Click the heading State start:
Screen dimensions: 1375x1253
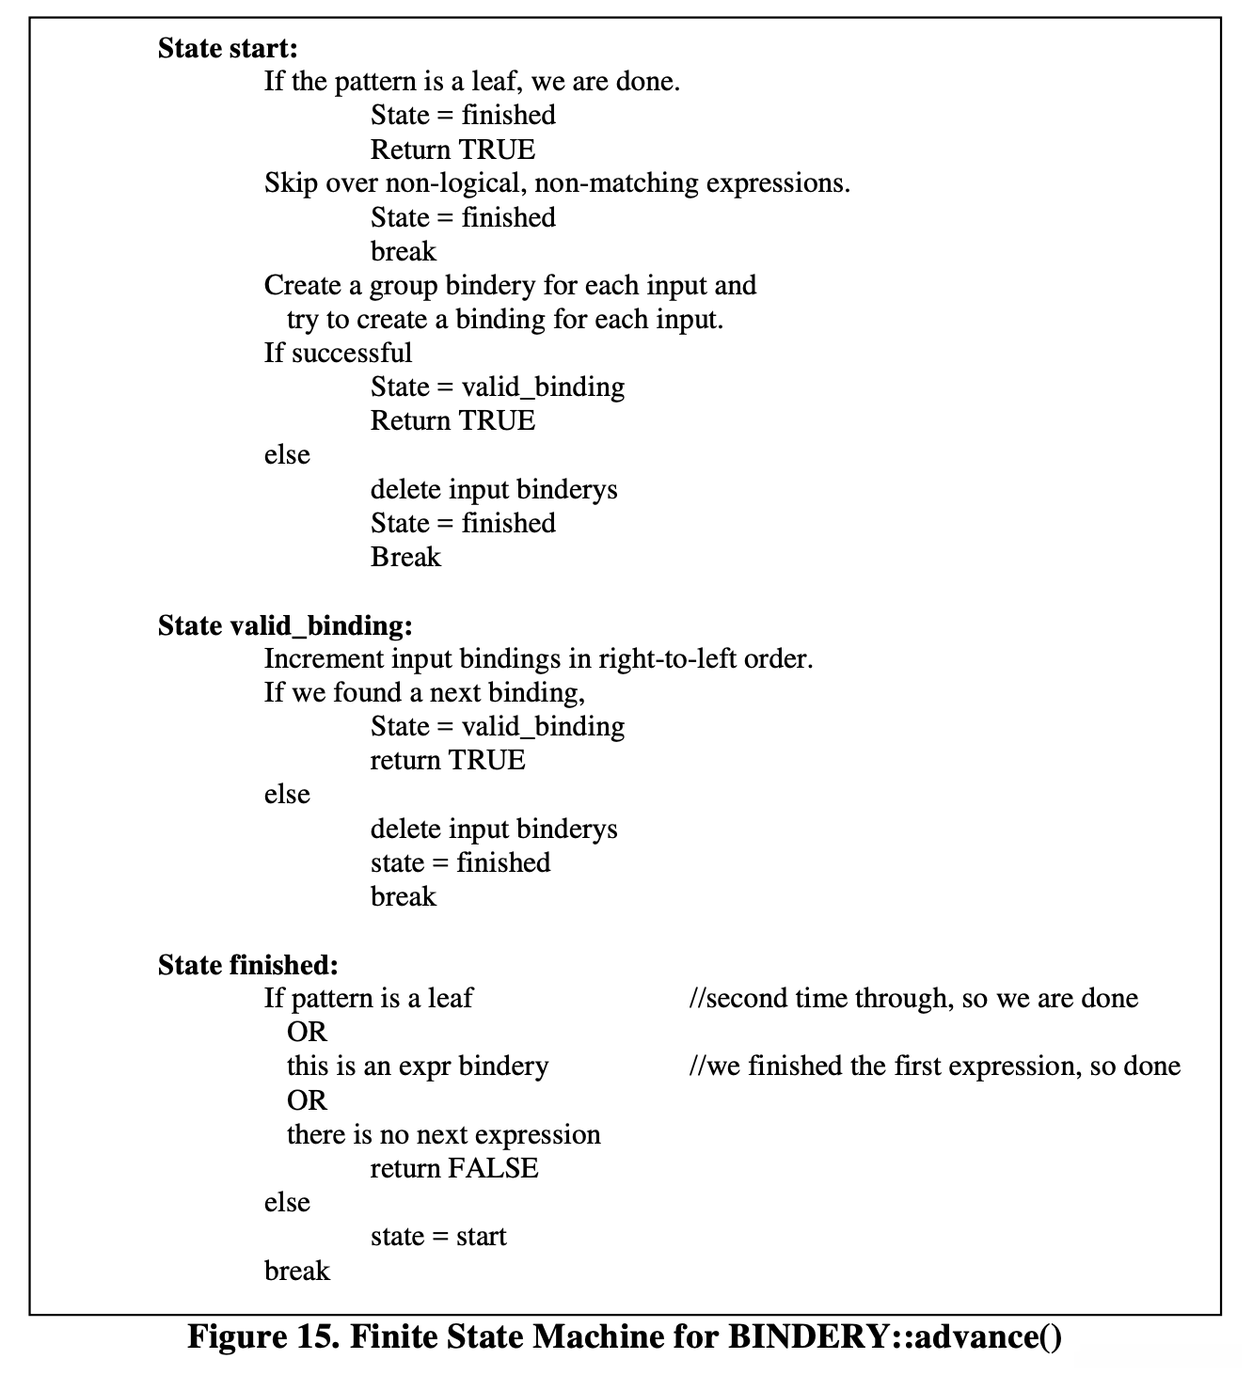coord(228,48)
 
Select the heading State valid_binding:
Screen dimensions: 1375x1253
coord(285,625)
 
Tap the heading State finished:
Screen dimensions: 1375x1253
coord(247,965)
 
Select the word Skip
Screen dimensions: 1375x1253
coord(291,183)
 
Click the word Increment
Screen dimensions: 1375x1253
coord(324,659)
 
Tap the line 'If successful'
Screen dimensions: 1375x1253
coord(338,353)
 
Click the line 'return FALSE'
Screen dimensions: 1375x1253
coord(454,1168)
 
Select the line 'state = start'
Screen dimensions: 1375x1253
coord(438,1236)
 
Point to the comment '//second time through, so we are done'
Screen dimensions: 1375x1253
coord(913,998)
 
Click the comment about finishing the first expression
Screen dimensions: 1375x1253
coord(934,1066)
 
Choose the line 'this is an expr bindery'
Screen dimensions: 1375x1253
coord(418,1066)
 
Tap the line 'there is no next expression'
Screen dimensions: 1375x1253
coord(443,1134)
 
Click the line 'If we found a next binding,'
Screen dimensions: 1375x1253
coord(424,693)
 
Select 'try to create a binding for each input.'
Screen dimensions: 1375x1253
coord(505,320)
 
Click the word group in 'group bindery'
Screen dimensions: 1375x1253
coord(403,286)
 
